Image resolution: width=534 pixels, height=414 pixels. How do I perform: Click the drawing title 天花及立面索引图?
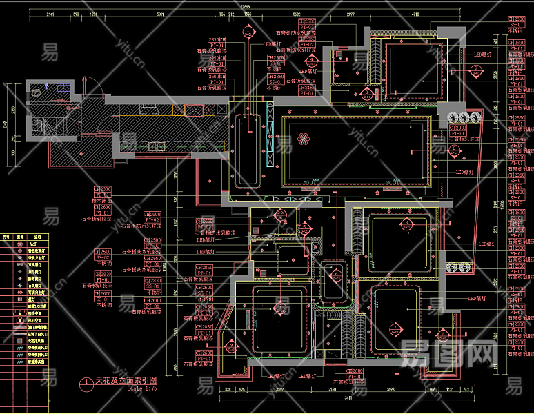point(126,380)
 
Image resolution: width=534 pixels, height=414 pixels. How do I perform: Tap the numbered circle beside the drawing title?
point(85,382)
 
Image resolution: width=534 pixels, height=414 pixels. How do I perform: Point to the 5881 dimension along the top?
point(160,14)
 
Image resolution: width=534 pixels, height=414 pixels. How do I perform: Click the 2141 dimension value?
point(51,14)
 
